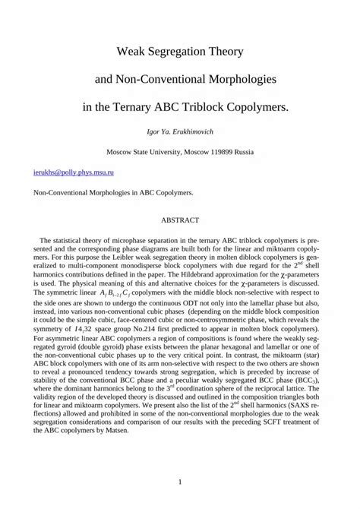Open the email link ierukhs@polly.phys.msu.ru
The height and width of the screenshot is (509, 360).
[68, 173]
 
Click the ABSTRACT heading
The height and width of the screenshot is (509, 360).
[180, 220]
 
